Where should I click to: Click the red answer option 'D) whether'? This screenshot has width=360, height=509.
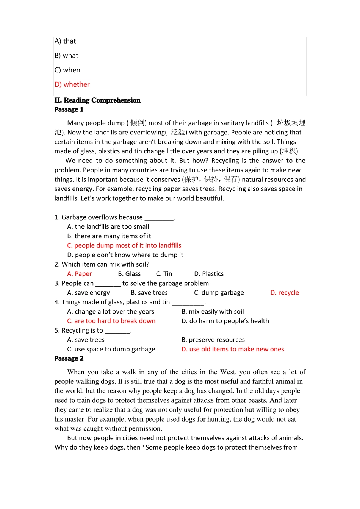click(72, 84)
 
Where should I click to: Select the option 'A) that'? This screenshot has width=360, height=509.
click(65, 41)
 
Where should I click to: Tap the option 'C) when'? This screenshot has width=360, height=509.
click(67, 70)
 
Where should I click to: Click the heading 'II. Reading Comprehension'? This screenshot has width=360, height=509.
click(97, 100)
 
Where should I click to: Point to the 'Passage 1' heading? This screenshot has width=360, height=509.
click(69, 109)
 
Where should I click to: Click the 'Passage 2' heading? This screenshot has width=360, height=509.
click(69, 358)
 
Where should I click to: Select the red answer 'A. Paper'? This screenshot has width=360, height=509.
click(80, 274)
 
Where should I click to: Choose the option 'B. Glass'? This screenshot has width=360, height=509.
click(129, 274)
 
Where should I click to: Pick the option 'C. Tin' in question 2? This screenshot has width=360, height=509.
click(164, 274)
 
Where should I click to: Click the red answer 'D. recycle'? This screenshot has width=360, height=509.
click(285, 293)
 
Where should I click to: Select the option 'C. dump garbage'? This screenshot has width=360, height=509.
click(219, 293)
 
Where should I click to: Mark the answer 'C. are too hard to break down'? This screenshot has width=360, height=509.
click(111, 321)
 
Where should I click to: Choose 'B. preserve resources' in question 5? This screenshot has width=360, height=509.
click(213, 340)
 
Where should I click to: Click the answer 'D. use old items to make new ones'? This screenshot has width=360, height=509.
click(233, 349)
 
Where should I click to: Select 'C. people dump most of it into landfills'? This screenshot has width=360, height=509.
click(124, 245)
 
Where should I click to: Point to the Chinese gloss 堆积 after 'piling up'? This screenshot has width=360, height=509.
click(289, 151)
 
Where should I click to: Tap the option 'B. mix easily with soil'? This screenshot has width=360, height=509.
click(213, 312)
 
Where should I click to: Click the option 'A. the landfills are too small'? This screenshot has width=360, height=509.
click(108, 226)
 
